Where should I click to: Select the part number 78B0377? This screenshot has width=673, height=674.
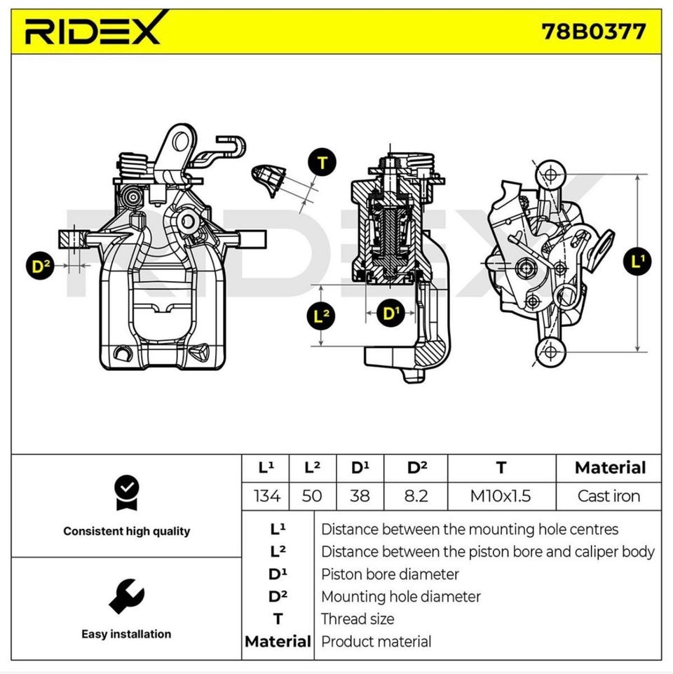coord(594,32)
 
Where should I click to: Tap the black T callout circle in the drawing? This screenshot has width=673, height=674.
coord(322,163)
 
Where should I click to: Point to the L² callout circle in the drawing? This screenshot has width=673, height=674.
coord(321,316)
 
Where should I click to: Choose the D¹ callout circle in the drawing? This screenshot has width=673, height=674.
coord(391,313)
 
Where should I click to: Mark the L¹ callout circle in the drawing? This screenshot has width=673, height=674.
coord(637,262)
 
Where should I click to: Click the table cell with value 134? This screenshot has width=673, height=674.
coord(266,496)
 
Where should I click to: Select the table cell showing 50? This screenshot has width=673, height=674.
coord(312,496)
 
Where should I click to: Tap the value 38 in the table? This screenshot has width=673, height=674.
coord(360,496)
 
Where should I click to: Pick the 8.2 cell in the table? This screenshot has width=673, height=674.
coord(416,496)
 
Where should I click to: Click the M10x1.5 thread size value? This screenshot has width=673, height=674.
coord(501,496)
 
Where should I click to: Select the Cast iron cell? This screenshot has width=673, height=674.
coord(609,496)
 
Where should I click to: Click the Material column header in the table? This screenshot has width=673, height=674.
coord(610,468)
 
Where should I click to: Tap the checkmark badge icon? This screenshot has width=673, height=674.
coord(126,493)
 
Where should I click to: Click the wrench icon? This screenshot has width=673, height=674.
coord(126,596)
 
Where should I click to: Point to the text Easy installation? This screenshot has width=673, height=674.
coord(126,634)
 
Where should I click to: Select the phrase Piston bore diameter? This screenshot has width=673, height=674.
coord(390,574)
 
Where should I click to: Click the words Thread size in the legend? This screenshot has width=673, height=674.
coord(358,619)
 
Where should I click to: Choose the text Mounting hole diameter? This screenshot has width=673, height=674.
coord(400,597)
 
